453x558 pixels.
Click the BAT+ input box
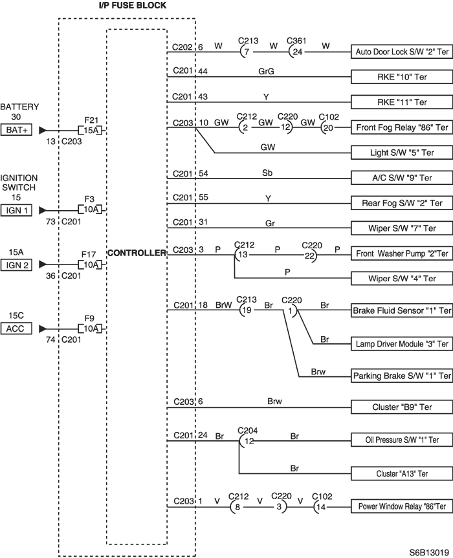coord(16,130)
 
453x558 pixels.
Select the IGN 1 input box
coord(16,210)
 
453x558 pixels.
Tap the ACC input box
coord(16,328)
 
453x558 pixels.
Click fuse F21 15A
coord(91,130)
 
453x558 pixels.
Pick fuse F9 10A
coord(91,328)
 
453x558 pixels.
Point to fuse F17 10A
coord(91,264)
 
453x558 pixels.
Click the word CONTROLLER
coord(137,253)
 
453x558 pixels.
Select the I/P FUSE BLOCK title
coord(133,5)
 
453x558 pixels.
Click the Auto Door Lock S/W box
coord(402,52)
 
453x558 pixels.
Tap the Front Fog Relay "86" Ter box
coord(402,127)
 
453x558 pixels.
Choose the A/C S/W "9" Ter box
coord(402,178)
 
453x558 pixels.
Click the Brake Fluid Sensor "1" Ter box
coord(402,310)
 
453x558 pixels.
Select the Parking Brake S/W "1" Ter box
coord(402,376)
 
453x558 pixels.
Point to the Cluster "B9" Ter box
coord(402,407)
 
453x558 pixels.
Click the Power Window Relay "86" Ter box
coord(402,506)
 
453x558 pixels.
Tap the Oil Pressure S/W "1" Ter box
coord(402,440)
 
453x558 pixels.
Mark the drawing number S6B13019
coord(429,552)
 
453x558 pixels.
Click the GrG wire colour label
coord(267,72)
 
